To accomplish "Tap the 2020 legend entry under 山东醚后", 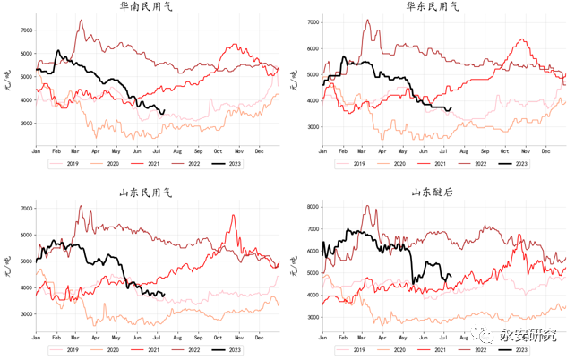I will [x=403, y=349].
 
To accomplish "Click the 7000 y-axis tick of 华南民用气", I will [x=25, y=30].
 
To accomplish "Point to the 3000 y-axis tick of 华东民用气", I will [x=312, y=127].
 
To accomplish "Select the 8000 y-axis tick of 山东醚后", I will [x=312, y=206].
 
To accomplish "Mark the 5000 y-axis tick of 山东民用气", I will [x=25, y=261].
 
